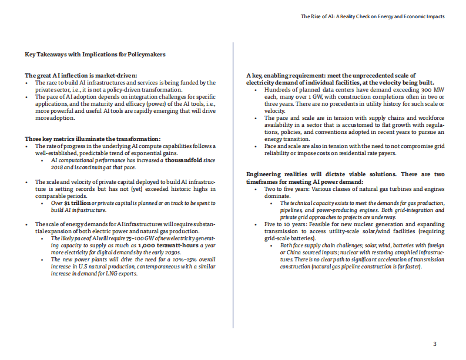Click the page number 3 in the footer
434,344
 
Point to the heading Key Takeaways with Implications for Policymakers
95,55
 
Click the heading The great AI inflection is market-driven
81,76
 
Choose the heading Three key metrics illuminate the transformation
93,139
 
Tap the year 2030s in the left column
169,251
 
